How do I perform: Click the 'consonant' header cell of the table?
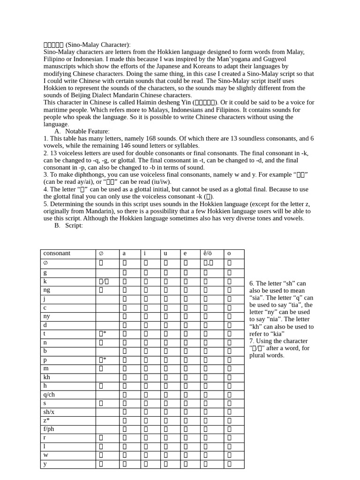57,254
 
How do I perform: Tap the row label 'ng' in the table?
46,290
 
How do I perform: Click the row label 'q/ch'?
49,394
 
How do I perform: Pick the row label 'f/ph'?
49,429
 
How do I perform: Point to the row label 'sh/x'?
49,412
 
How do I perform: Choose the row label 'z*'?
46,420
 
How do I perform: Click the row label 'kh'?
47,377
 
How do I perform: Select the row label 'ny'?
47,316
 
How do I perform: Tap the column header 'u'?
165,254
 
